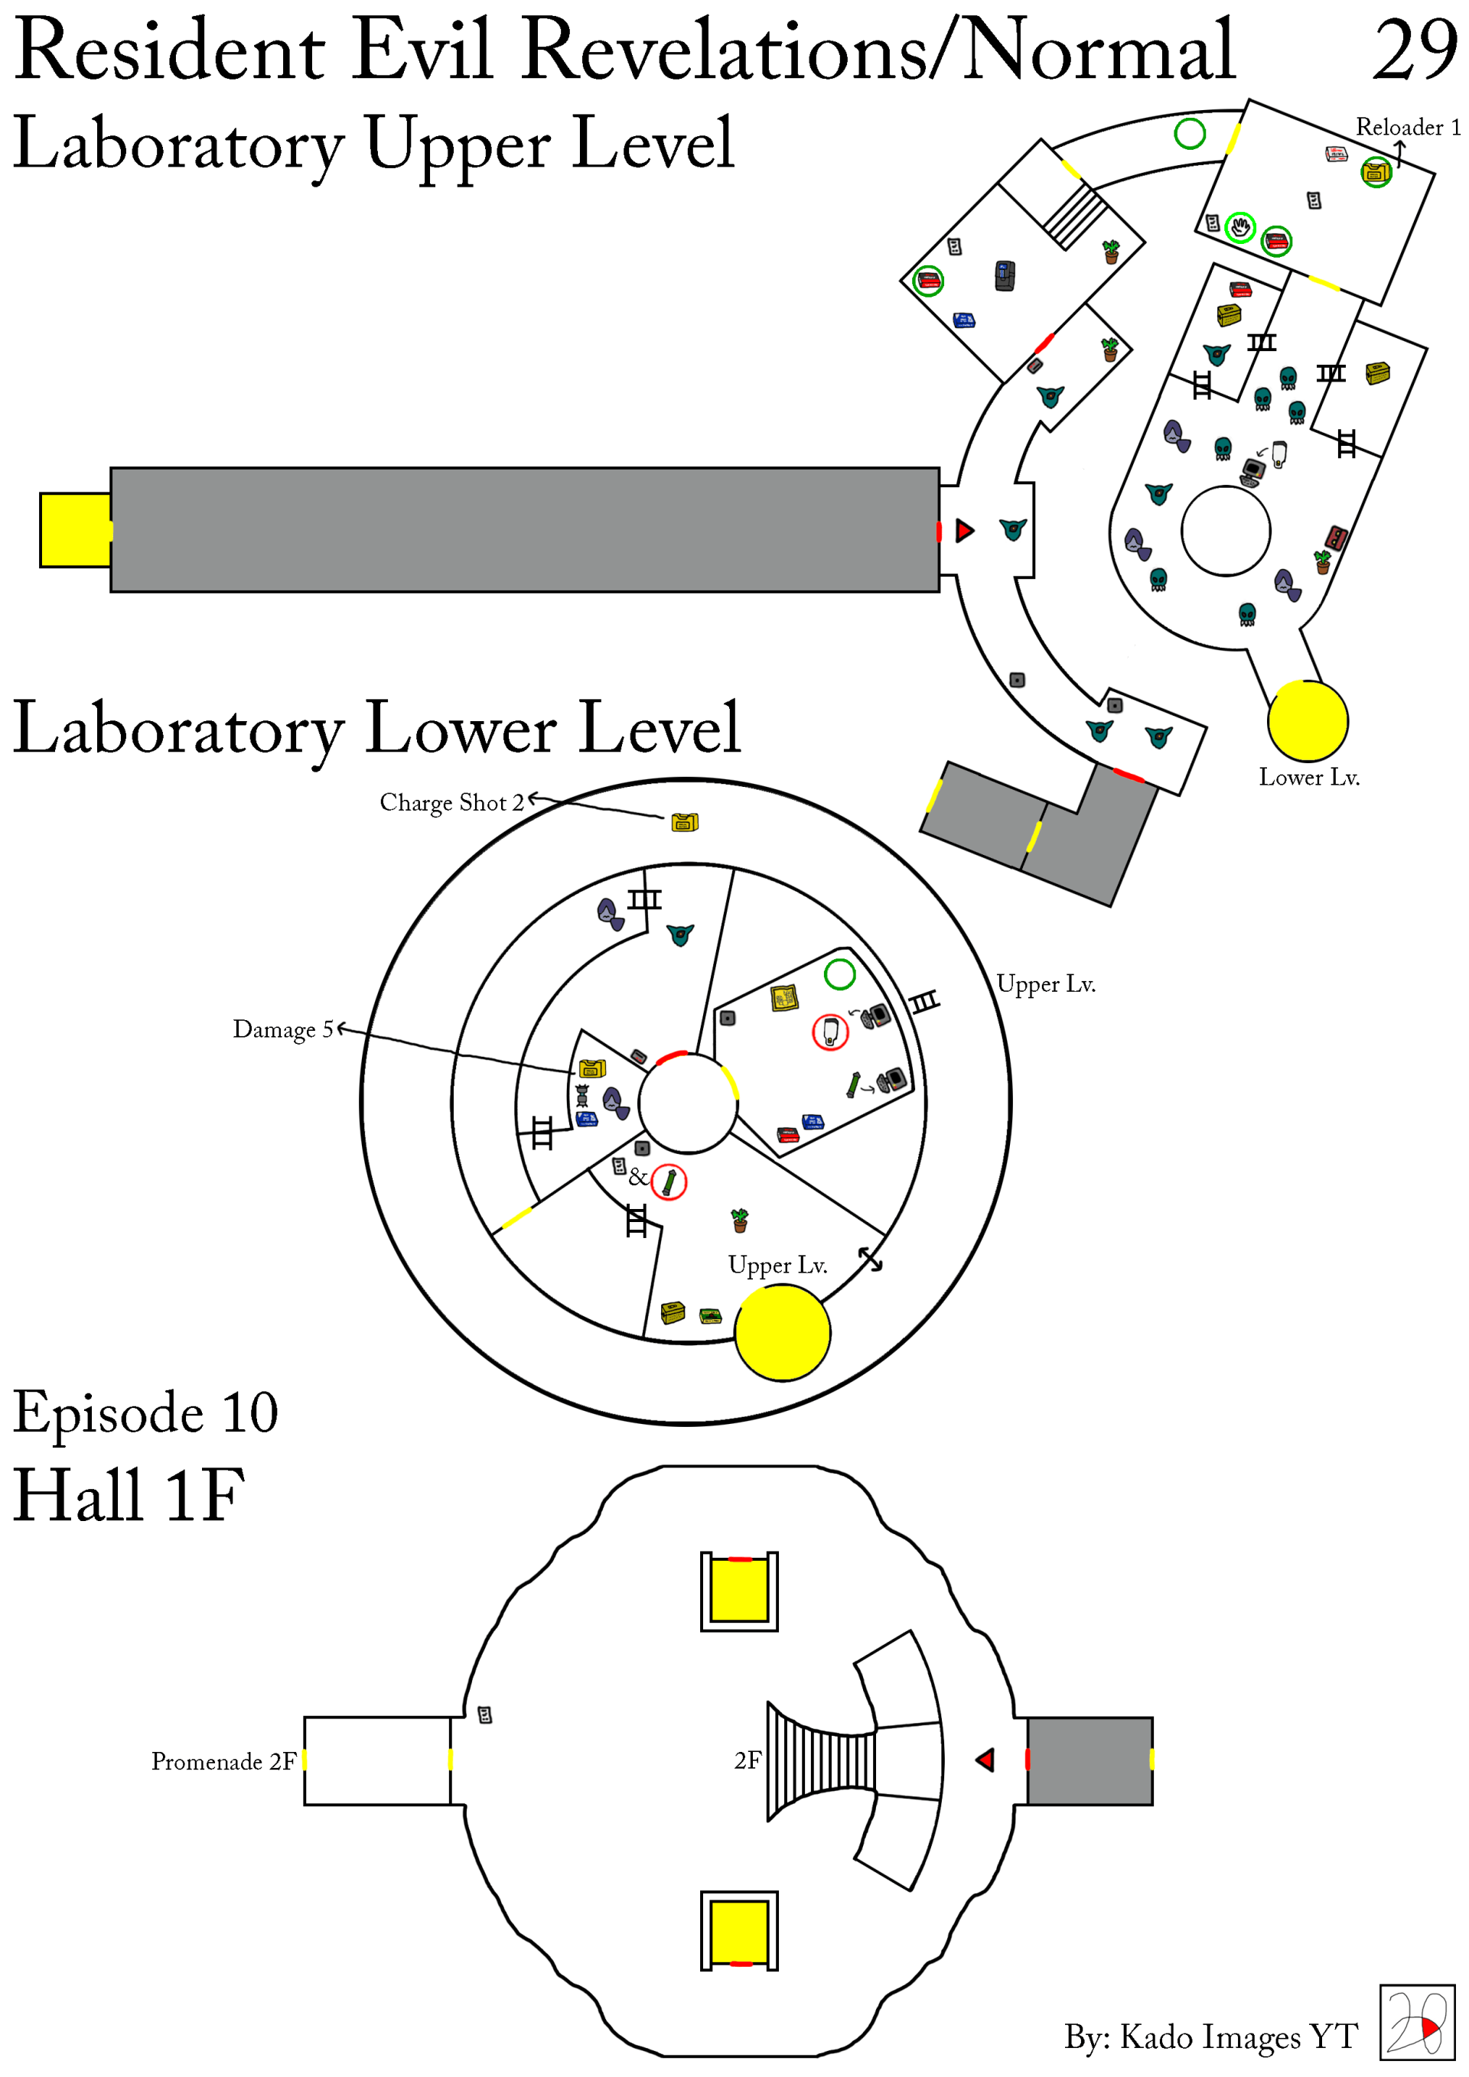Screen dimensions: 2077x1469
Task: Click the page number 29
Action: (1414, 50)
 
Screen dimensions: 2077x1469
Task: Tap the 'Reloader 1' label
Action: (1406, 128)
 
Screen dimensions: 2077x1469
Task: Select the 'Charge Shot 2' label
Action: (451, 802)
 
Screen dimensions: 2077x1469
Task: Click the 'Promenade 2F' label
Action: (223, 1761)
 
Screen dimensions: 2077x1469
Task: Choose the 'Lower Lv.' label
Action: (1309, 777)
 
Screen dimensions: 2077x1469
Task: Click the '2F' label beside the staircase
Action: (748, 1760)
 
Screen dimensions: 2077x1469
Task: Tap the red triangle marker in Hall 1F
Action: (985, 1760)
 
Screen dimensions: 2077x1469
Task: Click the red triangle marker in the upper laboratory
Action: (965, 530)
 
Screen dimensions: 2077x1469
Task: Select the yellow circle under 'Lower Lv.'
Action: (1307, 721)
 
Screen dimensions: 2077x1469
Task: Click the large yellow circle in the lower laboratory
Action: (782, 1332)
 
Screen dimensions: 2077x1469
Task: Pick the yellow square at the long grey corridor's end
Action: (75, 530)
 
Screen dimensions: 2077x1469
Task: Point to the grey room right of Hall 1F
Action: (1090, 1760)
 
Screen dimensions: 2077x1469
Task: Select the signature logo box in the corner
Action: (1416, 2022)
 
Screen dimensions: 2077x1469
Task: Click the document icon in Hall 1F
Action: (485, 1715)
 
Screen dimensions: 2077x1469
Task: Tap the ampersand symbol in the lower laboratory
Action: (638, 1177)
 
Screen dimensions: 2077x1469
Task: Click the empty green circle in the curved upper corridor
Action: (1189, 134)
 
